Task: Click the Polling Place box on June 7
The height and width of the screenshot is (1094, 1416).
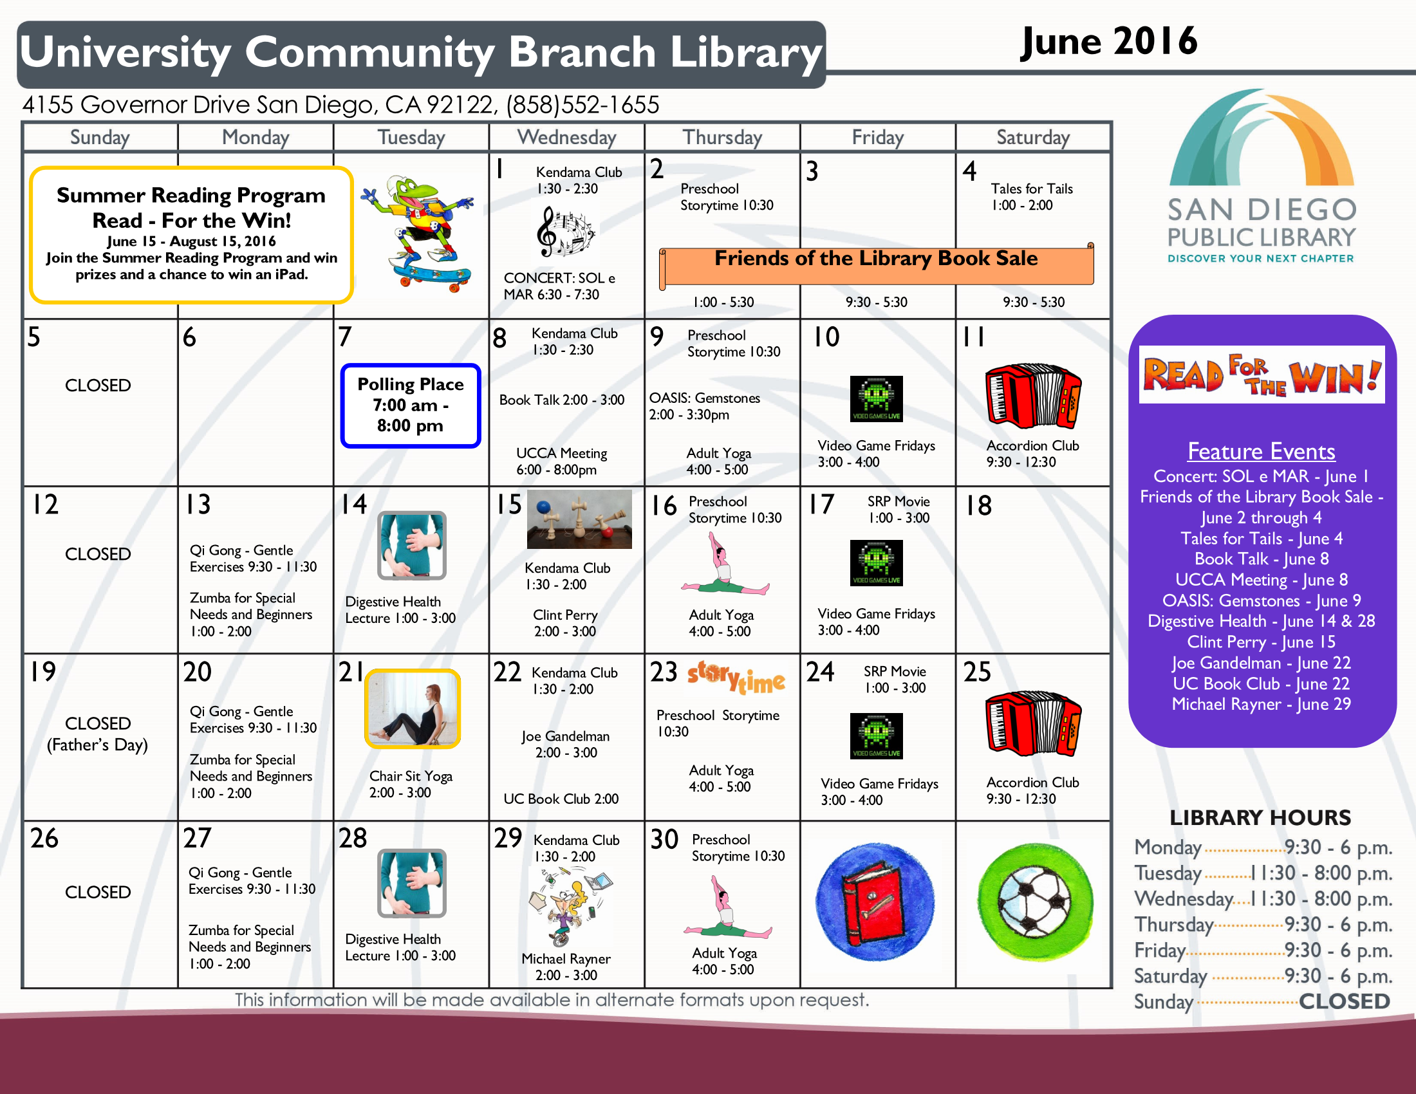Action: click(x=411, y=405)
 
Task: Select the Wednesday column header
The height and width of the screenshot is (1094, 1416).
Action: click(x=566, y=138)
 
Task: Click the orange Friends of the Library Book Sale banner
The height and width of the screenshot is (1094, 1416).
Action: click(x=877, y=265)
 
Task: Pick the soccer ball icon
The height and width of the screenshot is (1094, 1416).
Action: click(x=1035, y=902)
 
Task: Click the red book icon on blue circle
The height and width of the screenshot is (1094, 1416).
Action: click(x=875, y=902)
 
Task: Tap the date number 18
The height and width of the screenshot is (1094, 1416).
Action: click(x=978, y=506)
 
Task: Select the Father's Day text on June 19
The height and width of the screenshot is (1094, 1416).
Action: click(x=97, y=745)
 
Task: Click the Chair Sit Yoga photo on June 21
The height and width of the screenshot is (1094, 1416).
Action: click(x=413, y=709)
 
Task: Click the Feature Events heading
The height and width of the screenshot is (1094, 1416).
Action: click(x=1261, y=451)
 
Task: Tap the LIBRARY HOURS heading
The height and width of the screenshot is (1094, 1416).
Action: click(x=1260, y=818)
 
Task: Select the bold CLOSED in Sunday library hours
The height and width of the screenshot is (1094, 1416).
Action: click(x=1344, y=1001)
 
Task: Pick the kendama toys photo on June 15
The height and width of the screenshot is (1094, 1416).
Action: click(x=579, y=519)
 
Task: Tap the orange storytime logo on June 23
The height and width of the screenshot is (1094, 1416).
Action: click(x=736, y=678)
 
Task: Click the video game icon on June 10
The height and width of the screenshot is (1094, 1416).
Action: click(x=877, y=398)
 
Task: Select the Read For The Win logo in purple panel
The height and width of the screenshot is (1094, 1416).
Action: click(x=1262, y=375)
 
